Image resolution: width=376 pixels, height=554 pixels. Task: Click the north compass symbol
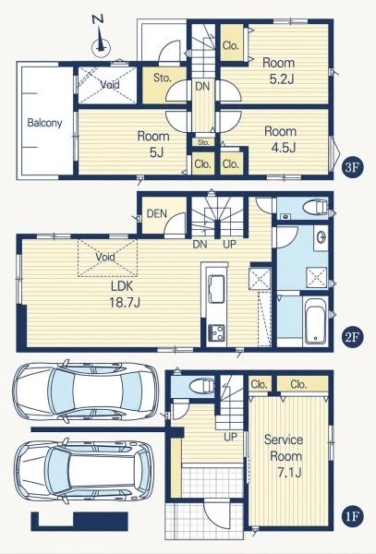(x=101, y=40)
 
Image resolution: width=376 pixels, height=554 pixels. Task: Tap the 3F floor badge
(x=352, y=167)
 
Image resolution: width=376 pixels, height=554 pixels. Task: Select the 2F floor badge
(x=352, y=337)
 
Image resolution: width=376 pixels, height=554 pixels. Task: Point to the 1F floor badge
(x=352, y=517)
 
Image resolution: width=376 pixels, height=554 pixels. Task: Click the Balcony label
(x=44, y=123)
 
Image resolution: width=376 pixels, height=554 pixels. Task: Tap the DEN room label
(x=156, y=213)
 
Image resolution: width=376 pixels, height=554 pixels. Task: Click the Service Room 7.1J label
(x=285, y=456)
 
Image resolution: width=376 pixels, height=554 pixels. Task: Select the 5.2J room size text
(x=282, y=79)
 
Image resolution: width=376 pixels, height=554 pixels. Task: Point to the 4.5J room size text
(x=283, y=148)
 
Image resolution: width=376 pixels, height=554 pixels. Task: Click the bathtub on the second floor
(x=315, y=320)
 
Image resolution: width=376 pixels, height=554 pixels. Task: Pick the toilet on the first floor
(x=202, y=385)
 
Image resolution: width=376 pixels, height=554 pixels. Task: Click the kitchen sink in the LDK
(x=216, y=289)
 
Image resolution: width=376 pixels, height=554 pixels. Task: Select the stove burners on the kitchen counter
(x=217, y=332)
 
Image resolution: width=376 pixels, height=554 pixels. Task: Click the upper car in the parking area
(x=86, y=391)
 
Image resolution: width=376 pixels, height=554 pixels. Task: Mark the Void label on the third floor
(x=110, y=85)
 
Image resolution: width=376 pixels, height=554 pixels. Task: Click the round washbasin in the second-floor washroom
(x=321, y=237)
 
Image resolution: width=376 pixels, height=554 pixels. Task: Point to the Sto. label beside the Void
(x=163, y=78)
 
